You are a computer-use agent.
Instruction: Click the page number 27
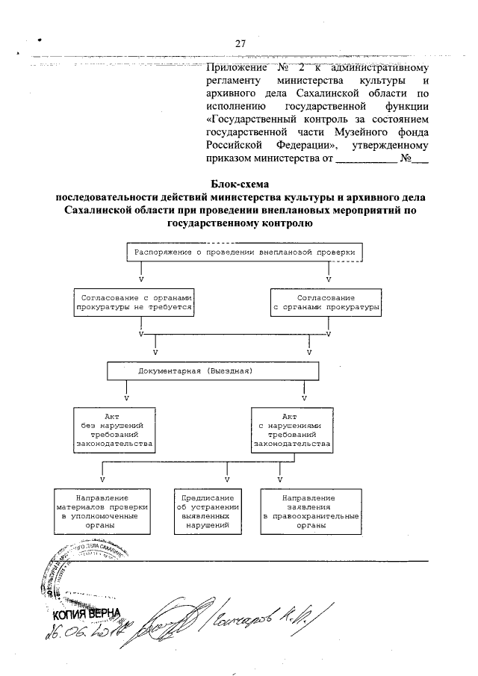pyautogui.click(x=240, y=43)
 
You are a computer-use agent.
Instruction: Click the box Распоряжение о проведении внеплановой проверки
pyautogui.click(x=246, y=252)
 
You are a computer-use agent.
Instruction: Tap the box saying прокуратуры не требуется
pyautogui.click(x=135, y=303)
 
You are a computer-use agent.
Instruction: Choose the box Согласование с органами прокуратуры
pyautogui.click(x=325, y=303)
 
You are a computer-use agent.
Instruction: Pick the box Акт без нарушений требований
pyautogui.click(x=114, y=430)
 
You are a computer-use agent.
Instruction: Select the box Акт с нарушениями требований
pyautogui.click(x=292, y=430)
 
